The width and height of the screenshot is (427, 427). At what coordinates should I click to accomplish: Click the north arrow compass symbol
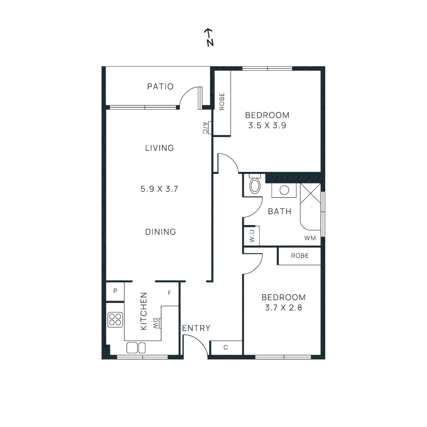click(x=209, y=38)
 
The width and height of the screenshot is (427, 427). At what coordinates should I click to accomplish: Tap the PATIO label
click(x=160, y=86)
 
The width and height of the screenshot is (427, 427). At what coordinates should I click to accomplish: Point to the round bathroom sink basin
click(x=284, y=190)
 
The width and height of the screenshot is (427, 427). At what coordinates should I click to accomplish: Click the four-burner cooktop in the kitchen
click(x=115, y=319)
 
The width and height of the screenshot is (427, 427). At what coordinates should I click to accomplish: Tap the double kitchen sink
click(x=136, y=348)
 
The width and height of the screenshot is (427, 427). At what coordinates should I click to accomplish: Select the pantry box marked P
click(x=115, y=291)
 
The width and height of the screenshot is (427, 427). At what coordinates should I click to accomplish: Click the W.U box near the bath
click(x=251, y=236)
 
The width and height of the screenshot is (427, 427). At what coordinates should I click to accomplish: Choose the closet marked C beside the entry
click(x=225, y=348)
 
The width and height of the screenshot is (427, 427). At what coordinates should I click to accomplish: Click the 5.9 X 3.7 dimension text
click(x=160, y=189)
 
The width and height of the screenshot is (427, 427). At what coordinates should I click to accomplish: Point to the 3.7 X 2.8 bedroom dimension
click(x=283, y=307)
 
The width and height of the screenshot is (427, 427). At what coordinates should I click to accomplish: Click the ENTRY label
click(x=196, y=328)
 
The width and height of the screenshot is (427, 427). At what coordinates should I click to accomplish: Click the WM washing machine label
click(x=310, y=238)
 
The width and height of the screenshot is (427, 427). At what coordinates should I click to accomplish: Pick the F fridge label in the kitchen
click(x=169, y=293)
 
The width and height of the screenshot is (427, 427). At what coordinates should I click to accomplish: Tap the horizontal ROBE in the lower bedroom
click(x=299, y=256)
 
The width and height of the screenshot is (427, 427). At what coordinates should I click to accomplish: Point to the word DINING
click(x=160, y=232)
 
